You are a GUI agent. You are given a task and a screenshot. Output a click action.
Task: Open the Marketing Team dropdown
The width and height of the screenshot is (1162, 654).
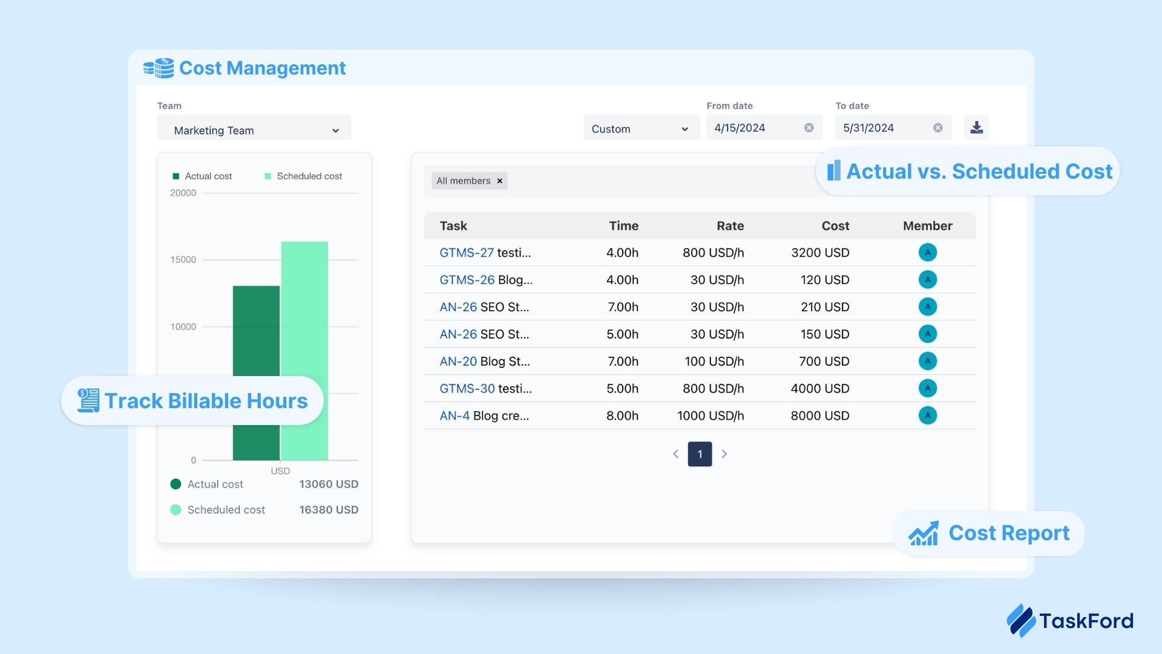tap(254, 130)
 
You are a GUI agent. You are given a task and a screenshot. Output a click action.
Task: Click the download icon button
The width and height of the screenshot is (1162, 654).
tap(976, 128)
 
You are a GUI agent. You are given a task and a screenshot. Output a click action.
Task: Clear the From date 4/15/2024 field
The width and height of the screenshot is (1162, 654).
tap(809, 128)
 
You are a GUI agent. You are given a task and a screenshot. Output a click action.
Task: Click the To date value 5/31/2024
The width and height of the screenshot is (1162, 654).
tap(868, 128)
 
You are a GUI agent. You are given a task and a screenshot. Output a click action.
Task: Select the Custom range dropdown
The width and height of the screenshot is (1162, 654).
tap(640, 129)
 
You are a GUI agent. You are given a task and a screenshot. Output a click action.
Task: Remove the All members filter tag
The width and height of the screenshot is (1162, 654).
tap(500, 181)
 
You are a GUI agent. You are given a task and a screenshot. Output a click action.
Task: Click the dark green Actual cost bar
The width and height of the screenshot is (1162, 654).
tap(256, 333)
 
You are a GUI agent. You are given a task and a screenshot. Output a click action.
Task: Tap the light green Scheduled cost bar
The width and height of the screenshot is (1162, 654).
tap(304, 303)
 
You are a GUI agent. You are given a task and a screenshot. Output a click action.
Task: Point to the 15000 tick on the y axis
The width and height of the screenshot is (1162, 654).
tap(183, 260)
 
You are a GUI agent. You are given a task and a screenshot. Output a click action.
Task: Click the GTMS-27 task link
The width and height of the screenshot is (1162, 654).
tap(467, 253)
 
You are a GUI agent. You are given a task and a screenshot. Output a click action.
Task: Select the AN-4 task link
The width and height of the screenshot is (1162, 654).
tap(455, 416)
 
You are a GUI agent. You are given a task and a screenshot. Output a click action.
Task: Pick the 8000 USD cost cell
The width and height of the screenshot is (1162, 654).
tap(819, 416)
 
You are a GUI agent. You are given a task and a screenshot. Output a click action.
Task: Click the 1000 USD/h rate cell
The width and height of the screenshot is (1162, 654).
tap(710, 416)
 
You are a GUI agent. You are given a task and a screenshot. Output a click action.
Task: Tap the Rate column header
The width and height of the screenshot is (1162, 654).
tap(730, 226)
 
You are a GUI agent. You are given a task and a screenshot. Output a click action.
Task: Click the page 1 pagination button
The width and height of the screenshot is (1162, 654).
tap(700, 454)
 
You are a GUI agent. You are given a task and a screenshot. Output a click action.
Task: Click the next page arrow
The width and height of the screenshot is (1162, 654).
tap(724, 454)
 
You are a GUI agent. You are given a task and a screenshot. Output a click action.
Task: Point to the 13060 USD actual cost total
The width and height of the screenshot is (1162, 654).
tap(329, 484)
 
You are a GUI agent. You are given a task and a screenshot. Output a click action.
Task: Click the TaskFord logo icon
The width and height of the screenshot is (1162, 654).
tap(1021, 620)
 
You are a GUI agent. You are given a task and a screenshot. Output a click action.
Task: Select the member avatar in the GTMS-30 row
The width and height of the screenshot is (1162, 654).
tap(927, 389)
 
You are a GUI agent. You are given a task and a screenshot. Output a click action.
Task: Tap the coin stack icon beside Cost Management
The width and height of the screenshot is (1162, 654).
tap(159, 68)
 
